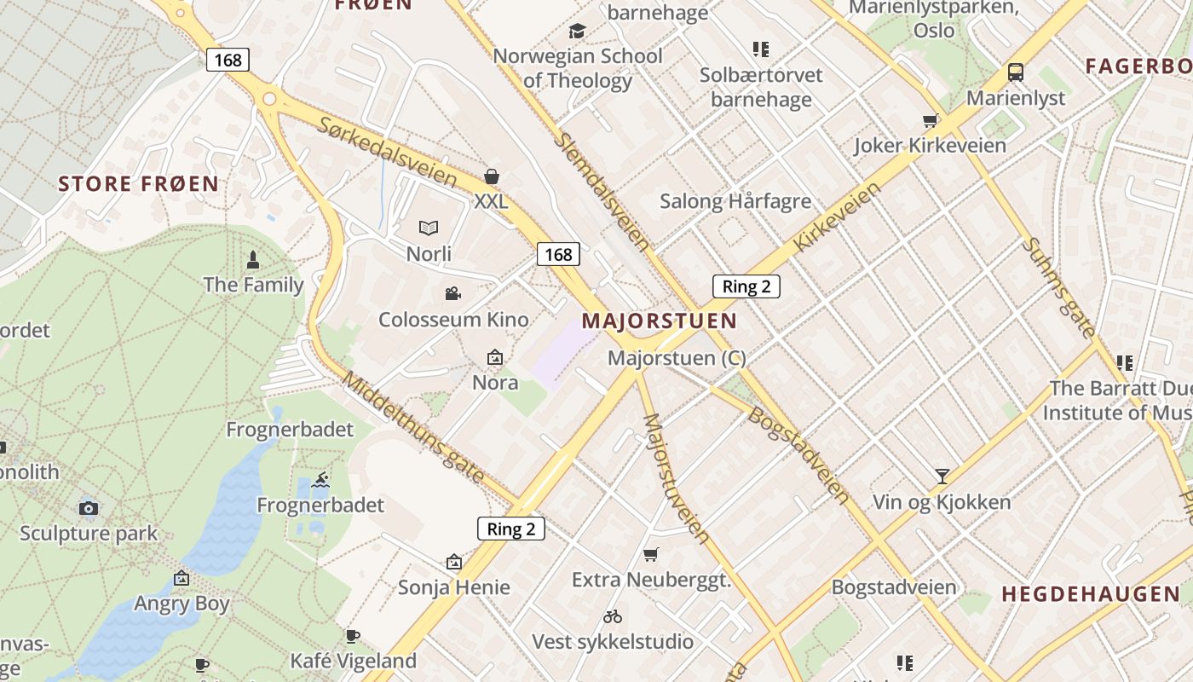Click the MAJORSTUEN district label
tap(659, 321)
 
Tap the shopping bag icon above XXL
tap(491, 176)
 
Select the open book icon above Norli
tap(428, 228)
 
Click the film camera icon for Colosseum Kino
tap(453, 294)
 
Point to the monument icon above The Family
tap(253, 258)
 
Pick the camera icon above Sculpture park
tap(88, 509)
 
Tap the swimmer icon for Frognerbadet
tap(320, 480)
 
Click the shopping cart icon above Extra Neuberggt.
tap(651, 555)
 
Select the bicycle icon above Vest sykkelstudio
tap(612, 616)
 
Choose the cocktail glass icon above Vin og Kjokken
tap(942, 476)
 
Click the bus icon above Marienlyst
tap(1015, 72)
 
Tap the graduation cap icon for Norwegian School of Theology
tap(577, 32)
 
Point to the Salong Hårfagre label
tap(735, 202)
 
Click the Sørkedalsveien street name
tap(388, 151)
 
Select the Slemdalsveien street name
tap(602, 190)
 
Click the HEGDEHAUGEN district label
tap(1090, 594)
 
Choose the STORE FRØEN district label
tap(138, 183)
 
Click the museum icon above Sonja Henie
tap(453, 562)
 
